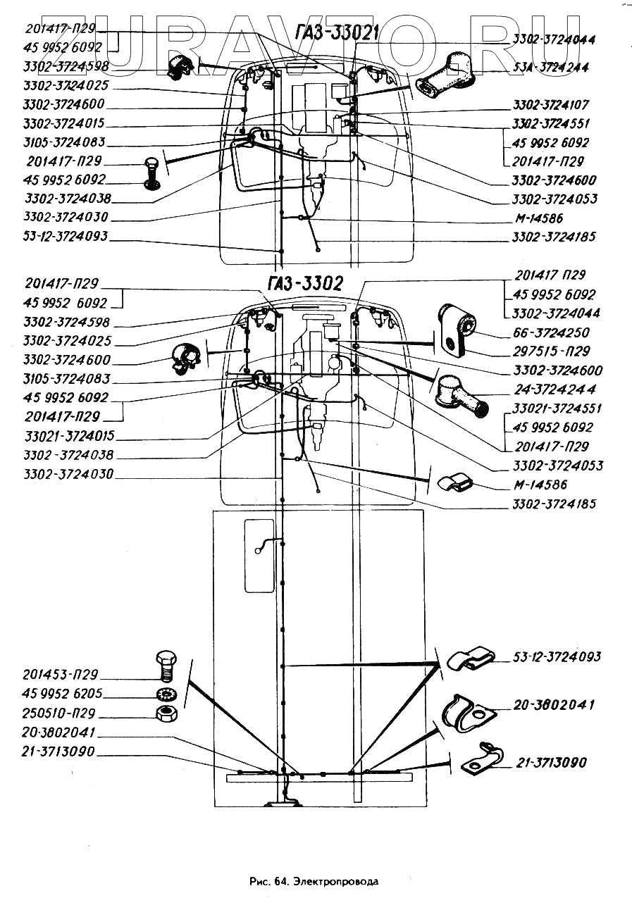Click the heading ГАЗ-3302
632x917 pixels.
coord(305,284)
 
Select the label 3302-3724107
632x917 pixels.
coord(550,105)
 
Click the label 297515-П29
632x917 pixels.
coord(552,351)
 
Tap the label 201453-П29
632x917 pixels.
coord(60,673)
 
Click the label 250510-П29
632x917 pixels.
coord(60,713)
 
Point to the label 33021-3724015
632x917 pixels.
coord(68,436)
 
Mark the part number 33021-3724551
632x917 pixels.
coord(557,408)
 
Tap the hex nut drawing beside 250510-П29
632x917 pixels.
coord(166,712)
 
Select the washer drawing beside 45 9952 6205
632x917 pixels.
coord(166,692)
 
